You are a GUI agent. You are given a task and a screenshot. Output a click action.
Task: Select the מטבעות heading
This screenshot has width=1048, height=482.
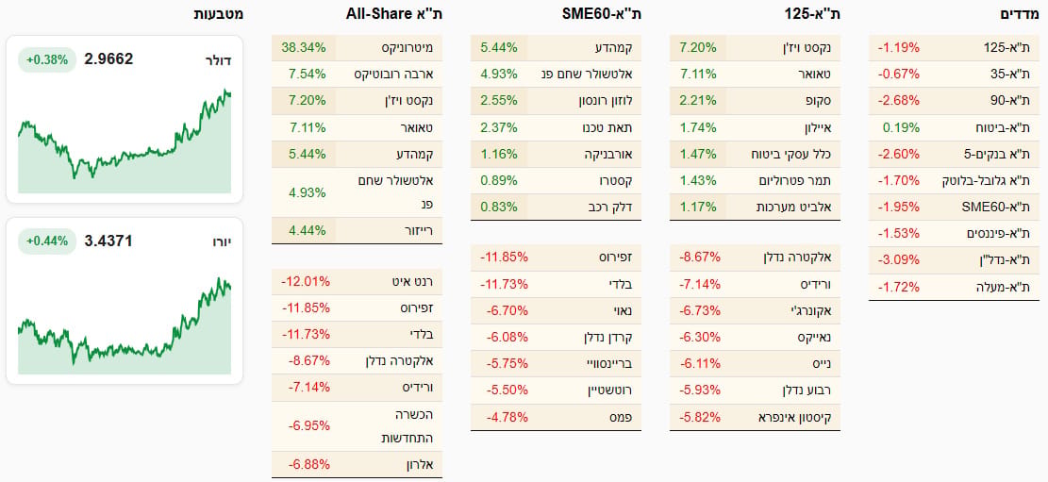click(x=219, y=14)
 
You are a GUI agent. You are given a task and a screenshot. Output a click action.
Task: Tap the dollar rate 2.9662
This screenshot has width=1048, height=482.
click(x=108, y=58)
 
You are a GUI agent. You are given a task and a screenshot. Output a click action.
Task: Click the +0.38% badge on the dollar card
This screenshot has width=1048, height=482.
click(x=47, y=59)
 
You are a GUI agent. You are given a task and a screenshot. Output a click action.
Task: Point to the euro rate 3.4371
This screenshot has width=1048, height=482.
click(x=108, y=241)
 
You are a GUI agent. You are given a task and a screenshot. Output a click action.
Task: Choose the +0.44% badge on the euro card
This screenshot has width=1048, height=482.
click(x=47, y=241)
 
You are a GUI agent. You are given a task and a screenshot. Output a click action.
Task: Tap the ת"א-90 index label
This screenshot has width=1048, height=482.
click(x=1010, y=100)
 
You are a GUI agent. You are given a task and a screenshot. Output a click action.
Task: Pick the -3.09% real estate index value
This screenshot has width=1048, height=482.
click(x=899, y=260)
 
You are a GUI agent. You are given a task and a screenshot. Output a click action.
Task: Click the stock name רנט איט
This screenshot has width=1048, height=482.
click(x=414, y=281)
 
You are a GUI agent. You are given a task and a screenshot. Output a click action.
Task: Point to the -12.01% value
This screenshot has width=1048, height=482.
click(x=306, y=281)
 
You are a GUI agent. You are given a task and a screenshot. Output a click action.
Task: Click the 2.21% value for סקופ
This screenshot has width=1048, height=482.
click(x=699, y=101)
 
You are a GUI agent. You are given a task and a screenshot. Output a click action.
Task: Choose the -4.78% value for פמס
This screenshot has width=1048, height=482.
click(x=504, y=417)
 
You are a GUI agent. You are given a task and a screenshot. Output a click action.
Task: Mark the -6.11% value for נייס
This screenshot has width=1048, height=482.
click(x=700, y=364)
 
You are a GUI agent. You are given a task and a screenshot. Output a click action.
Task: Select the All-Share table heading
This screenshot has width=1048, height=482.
click(x=394, y=14)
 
